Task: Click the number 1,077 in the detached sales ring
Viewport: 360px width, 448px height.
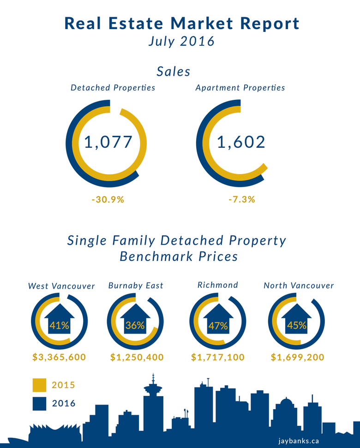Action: (108, 142)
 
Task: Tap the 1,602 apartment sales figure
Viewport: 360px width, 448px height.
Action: (241, 142)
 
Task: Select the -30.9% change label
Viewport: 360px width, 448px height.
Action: (108, 200)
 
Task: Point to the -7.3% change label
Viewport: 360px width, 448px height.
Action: (241, 200)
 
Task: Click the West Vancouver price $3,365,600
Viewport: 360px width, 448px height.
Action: (60, 357)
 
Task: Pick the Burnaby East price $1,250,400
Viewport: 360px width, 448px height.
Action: (137, 357)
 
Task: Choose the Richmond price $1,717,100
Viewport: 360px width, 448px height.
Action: (218, 357)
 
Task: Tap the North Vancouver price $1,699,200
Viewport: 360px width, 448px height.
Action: (297, 357)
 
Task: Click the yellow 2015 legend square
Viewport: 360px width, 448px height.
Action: (40, 385)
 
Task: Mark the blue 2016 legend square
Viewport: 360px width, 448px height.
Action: (40, 404)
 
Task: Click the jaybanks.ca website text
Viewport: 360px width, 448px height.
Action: (299, 441)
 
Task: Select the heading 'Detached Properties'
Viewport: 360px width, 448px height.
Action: (113, 87)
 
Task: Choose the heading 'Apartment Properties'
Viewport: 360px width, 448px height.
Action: (240, 87)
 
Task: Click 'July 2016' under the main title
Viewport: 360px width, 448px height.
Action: (181, 41)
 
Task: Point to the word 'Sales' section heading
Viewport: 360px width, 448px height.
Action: (174, 72)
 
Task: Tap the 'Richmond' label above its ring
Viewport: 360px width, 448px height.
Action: (218, 285)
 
